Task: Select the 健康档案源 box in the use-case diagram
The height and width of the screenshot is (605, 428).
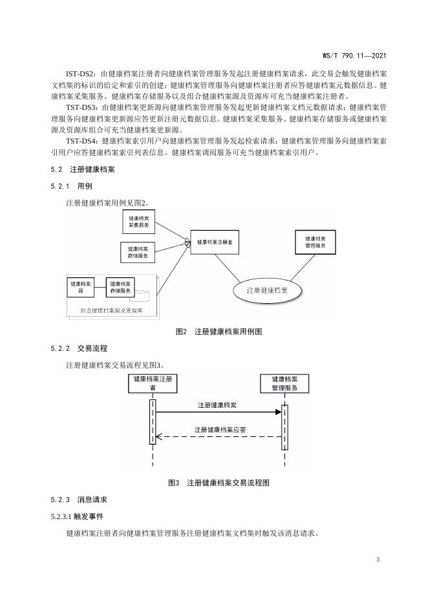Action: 80,287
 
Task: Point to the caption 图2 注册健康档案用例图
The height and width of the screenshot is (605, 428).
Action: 213,332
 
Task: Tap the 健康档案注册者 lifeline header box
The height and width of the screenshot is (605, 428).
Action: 153,383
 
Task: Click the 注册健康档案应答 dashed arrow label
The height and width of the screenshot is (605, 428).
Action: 220,429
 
